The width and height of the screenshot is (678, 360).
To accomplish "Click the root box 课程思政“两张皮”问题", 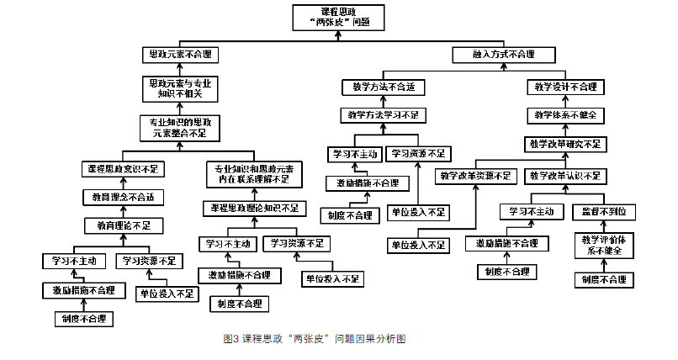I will click(339, 18).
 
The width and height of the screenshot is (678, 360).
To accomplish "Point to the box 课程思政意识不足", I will click(123, 169).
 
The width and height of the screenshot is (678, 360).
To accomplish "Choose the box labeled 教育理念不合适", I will click(123, 197).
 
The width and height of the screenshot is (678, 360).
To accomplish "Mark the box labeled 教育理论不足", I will click(123, 225).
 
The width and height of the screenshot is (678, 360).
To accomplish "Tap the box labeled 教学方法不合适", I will click(384, 87).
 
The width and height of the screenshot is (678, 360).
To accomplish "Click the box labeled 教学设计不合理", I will click(564, 87).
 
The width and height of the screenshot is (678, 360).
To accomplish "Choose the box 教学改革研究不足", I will click(564, 144).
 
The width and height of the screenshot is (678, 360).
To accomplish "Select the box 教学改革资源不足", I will click(474, 176).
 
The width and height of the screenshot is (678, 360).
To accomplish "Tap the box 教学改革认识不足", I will click(564, 176).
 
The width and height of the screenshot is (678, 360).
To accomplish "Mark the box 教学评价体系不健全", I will click(602, 245).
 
